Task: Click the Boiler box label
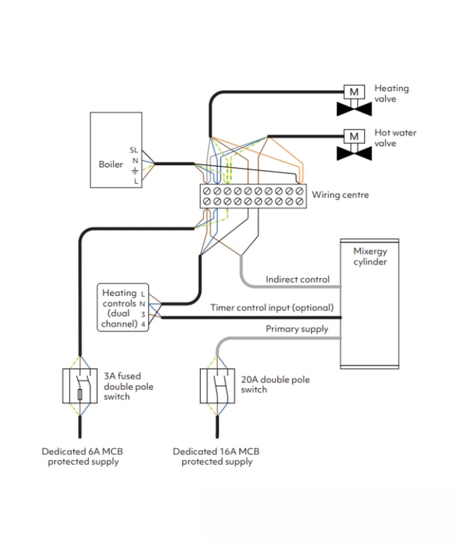(x=111, y=164)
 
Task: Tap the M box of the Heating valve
(x=354, y=91)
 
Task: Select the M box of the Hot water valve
(x=354, y=136)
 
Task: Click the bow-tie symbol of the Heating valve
(x=354, y=109)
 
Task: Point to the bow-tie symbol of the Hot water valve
(x=354, y=153)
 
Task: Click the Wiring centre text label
(x=340, y=195)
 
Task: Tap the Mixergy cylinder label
(x=370, y=257)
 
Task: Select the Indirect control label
(x=297, y=280)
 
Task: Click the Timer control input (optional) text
(x=272, y=308)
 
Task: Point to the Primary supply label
(x=297, y=329)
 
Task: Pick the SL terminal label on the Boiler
(x=134, y=149)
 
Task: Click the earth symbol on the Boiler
(x=135, y=170)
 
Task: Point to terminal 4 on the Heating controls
(x=143, y=324)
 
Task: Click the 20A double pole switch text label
(x=264, y=384)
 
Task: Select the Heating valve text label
(x=391, y=93)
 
